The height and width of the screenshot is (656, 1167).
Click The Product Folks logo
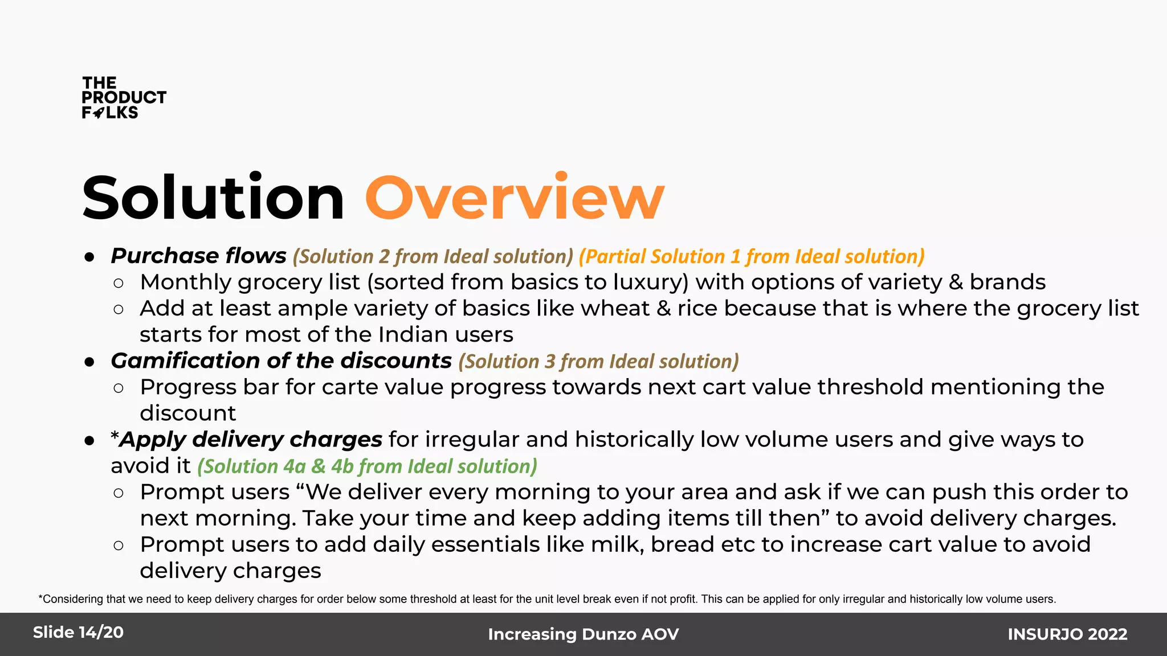pos(123,98)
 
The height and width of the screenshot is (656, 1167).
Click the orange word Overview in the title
pos(515,198)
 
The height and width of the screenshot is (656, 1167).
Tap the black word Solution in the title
pos(213,198)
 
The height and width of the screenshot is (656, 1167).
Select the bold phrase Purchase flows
pos(198,256)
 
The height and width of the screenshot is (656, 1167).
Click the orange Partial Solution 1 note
pos(751,256)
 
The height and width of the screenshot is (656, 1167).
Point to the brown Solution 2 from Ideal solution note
pos(432,256)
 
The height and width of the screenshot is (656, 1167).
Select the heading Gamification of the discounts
pos(281,361)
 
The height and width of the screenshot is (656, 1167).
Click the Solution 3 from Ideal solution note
pos(598,362)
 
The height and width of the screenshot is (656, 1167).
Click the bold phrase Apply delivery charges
pos(250,440)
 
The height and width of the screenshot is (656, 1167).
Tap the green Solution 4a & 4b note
pos(367,466)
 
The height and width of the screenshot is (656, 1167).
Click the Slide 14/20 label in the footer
pos(78,633)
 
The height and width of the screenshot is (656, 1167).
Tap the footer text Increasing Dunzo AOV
pos(583,634)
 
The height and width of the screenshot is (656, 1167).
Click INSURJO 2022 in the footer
pos(1067,634)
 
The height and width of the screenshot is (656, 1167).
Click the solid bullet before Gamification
pos(89,362)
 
